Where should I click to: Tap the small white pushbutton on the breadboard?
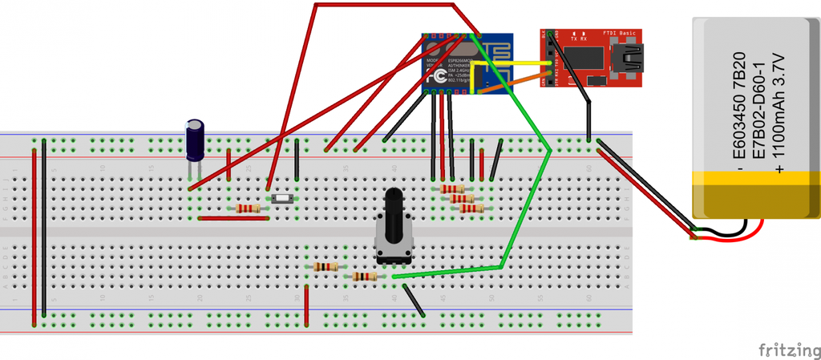(x=282, y=198)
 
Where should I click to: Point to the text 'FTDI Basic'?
(x=620, y=33)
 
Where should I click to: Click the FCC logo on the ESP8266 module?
(x=439, y=76)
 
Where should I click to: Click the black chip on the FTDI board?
(x=584, y=57)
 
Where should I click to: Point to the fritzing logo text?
(x=788, y=350)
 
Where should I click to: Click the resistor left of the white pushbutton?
(x=248, y=208)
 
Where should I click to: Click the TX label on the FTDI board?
(x=574, y=38)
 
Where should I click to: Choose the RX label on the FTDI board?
(x=585, y=38)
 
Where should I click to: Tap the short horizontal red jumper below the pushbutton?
(x=233, y=217)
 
